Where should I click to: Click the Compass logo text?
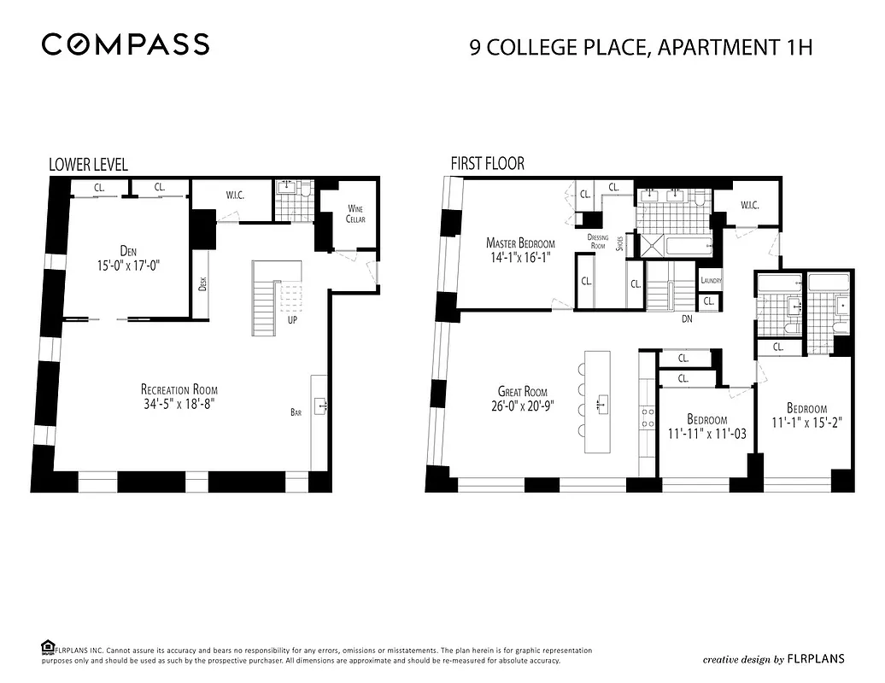tap(126, 44)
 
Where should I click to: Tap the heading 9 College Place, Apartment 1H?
tap(640, 46)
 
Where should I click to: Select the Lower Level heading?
tap(88, 164)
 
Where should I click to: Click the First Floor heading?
tap(487, 163)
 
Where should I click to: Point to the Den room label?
tap(128, 250)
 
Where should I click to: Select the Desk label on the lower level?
tap(202, 283)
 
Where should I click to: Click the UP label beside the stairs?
tap(291, 321)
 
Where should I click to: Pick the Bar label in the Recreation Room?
tap(296, 412)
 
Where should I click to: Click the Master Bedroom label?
tap(520, 242)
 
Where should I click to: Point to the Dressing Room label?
tap(597, 241)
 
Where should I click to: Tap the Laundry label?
tap(711, 281)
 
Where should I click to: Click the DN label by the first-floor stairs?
tap(687, 320)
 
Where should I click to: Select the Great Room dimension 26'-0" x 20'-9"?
tap(522, 406)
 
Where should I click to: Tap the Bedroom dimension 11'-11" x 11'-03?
tap(706, 433)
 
